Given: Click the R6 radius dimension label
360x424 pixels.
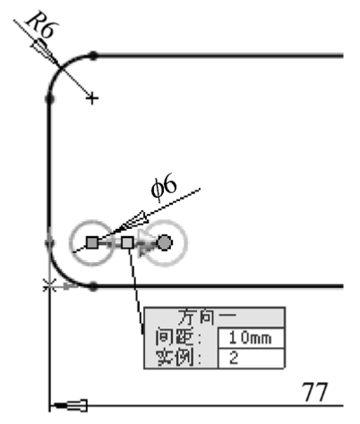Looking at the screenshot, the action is [41, 25].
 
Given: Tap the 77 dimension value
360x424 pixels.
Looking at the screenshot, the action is [315, 392].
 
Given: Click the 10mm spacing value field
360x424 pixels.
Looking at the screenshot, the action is [251, 338].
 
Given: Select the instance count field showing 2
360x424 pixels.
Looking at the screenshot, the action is [251, 358].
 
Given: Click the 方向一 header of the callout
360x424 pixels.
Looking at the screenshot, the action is [207, 317].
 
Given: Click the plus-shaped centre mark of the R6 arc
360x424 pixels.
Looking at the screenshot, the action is [92, 98].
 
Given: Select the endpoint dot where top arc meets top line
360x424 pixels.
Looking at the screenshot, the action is [93, 55].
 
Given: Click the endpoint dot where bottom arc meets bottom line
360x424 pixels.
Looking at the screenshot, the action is [93, 287].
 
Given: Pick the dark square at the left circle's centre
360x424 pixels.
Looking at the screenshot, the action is [92, 242].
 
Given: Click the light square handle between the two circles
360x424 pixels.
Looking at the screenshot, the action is [127, 242].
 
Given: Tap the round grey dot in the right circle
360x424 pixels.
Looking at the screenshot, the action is [165, 242].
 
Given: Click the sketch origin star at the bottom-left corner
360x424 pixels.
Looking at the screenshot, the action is [49, 286].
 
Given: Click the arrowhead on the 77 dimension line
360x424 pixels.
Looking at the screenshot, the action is [69, 405].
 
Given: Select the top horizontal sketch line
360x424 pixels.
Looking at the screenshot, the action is [219, 55].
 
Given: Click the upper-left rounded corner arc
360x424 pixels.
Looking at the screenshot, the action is [61, 67].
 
